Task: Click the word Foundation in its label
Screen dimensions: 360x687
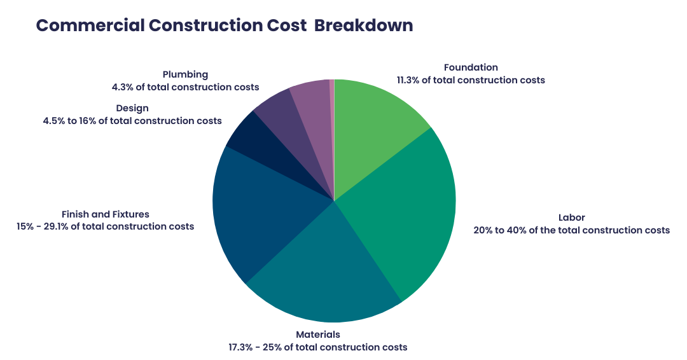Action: pyautogui.click(x=471, y=67)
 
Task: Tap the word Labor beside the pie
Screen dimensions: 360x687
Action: pyautogui.click(x=571, y=218)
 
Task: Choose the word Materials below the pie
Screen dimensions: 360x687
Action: pyautogui.click(x=318, y=335)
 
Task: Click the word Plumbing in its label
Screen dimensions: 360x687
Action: pyautogui.click(x=185, y=74)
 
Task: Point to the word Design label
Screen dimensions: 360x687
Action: pyautogui.click(x=132, y=108)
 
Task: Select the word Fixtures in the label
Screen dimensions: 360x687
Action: pyautogui.click(x=130, y=214)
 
